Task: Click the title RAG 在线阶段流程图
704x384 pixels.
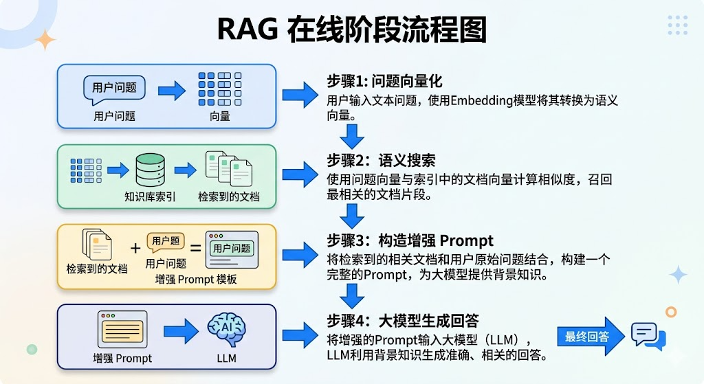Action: [351, 30]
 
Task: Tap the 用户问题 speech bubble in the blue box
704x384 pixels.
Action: [114, 88]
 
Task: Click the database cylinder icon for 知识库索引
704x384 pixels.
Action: [150, 170]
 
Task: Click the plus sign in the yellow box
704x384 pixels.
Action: [135, 249]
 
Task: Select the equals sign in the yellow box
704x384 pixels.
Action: [195, 249]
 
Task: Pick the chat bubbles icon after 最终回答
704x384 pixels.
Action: [648, 336]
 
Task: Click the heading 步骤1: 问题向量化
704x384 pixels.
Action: [384, 82]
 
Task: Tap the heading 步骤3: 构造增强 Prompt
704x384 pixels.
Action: [410, 240]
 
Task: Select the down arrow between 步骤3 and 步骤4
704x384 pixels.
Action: [353, 295]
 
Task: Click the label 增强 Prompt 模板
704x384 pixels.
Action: [196, 279]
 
